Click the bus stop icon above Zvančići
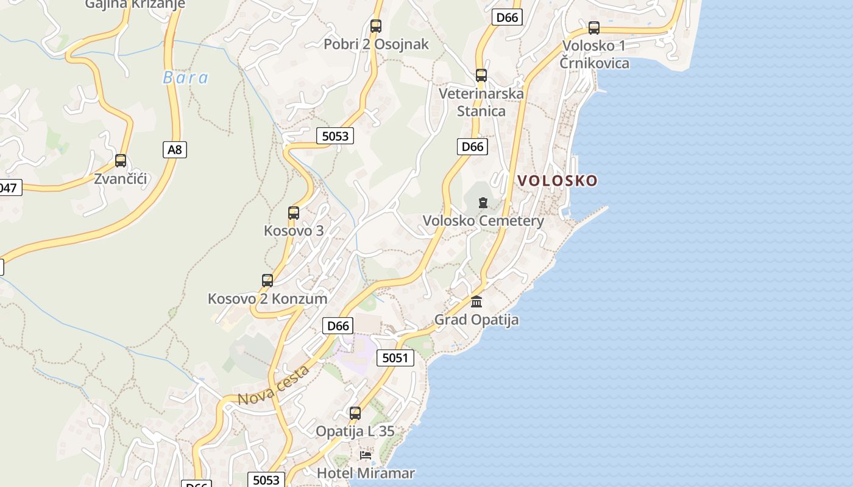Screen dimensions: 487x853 click(121, 161)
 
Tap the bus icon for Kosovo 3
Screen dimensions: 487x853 click(294, 213)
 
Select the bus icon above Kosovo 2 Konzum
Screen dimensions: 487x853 click(267, 281)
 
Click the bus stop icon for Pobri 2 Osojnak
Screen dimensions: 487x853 click(376, 26)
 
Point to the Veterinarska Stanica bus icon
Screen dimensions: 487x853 click(481, 75)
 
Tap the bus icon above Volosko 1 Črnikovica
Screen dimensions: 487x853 click(594, 28)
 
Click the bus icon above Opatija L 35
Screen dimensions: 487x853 click(355, 413)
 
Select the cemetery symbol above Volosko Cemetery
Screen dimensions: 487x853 click(483, 203)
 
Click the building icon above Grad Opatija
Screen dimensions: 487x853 click(476, 301)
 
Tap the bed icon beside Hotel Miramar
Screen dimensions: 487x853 click(366, 455)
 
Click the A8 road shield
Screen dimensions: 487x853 click(175, 149)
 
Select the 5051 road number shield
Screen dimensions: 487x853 click(395, 358)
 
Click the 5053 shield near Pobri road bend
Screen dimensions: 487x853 click(335, 136)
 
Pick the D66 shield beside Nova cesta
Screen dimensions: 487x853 click(338, 326)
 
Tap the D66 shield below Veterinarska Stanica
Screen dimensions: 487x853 click(472, 146)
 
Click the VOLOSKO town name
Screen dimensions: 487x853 click(557, 181)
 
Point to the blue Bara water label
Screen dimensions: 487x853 click(186, 78)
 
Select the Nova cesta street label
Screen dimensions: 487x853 click(274, 385)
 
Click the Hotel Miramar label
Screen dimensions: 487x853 click(366, 473)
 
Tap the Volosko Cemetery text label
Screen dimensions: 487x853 click(483, 220)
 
